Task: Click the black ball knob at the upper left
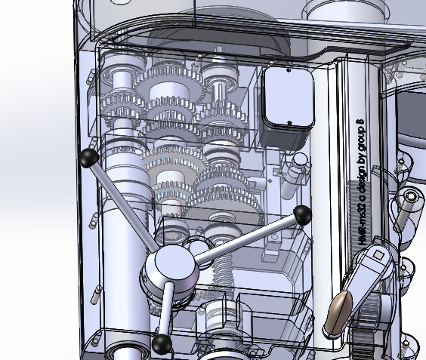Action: (88, 157)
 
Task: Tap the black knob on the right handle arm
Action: (303, 215)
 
